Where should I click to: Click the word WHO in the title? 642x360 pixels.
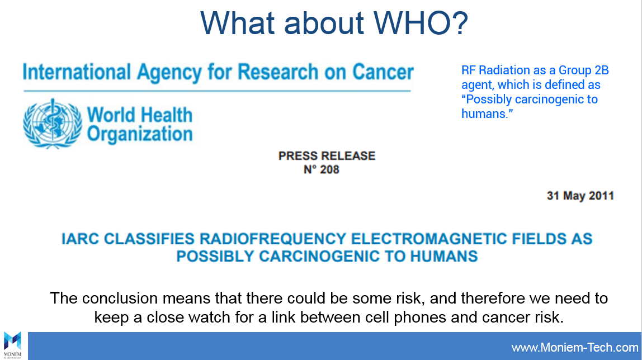(x=421, y=23)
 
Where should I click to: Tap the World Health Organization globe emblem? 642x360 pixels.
(x=53, y=123)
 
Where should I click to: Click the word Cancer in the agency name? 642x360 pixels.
(x=383, y=72)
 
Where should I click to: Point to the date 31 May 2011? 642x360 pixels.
(x=580, y=196)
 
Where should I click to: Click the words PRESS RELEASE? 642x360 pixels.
(x=327, y=156)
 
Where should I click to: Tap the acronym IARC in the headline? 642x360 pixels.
(x=81, y=239)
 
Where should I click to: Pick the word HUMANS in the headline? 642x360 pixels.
(x=444, y=257)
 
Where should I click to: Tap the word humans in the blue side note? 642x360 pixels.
(x=485, y=113)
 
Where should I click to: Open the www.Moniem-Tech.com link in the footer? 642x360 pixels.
(x=575, y=348)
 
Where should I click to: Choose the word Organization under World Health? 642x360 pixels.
(x=140, y=134)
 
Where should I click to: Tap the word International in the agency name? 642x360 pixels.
(x=77, y=72)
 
